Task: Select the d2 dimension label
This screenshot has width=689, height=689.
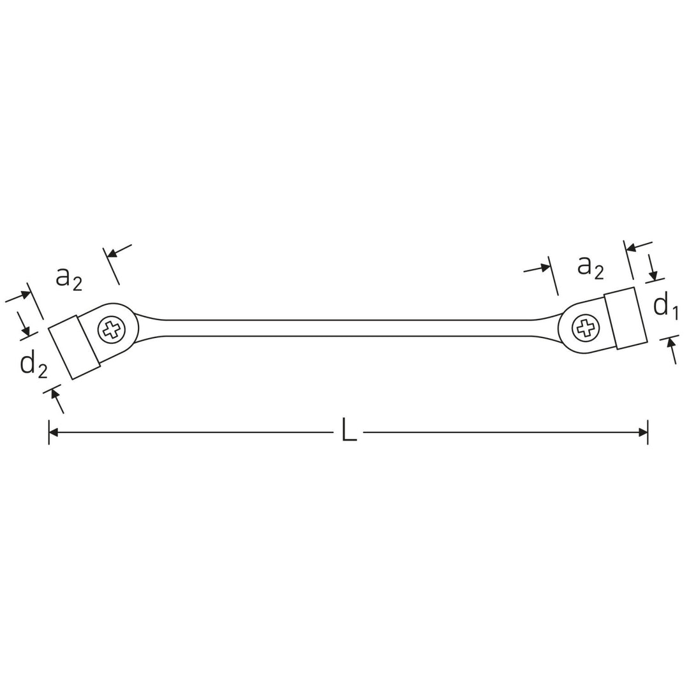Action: (33, 364)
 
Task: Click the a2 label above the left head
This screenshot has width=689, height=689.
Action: (69, 278)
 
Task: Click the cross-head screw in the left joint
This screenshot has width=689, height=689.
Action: (112, 330)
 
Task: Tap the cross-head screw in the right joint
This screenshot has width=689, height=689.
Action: (586, 329)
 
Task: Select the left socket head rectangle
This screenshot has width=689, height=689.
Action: (74, 347)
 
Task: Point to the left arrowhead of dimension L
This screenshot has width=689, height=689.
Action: (54, 433)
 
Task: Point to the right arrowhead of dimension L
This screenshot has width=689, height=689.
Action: (643, 433)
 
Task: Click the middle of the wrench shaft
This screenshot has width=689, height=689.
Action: (348, 328)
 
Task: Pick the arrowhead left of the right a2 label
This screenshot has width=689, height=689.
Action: (545, 267)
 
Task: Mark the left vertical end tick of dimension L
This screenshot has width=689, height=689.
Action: (49, 433)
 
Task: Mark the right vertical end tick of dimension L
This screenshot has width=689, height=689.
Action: (648, 433)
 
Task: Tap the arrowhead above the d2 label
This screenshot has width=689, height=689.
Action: (26, 330)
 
